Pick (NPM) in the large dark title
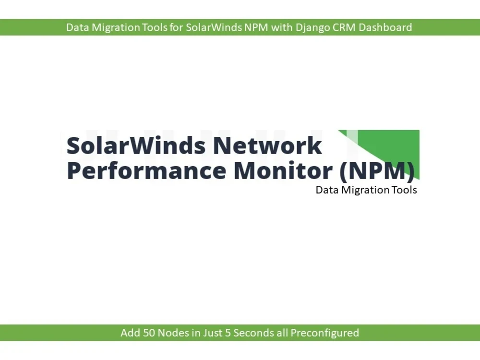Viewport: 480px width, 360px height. tap(377, 171)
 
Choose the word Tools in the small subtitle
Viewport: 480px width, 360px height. tap(404, 190)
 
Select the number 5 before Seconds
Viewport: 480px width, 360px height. tap(228, 333)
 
